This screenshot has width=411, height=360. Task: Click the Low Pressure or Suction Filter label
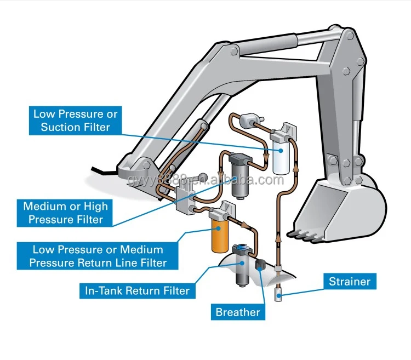pos(75,121)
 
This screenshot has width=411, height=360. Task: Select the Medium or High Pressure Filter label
pos(65,213)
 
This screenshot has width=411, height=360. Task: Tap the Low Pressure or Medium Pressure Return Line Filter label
pos(98,256)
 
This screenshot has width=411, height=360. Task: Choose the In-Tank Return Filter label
pos(136,290)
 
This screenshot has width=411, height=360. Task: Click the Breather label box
pos(237,312)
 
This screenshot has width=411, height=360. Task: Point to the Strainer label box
pos(350,282)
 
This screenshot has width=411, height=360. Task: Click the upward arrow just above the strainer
pos(278,239)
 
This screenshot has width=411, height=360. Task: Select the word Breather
pos(237,312)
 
